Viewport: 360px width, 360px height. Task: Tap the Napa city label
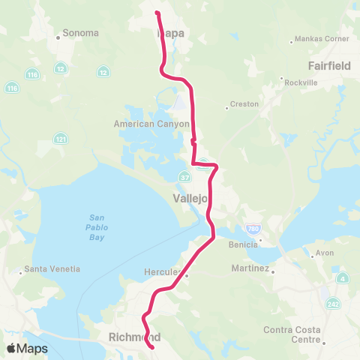tap(172, 33)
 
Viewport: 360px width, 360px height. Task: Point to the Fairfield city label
tap(328, 65)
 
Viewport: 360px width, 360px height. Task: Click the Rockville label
tap(300, 83)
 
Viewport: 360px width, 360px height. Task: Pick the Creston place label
tap(244, 103)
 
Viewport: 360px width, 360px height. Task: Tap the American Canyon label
tap(151, 124)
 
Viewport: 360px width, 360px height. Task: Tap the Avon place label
tap(324, 253)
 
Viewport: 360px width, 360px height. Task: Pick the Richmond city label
tap(135, 337)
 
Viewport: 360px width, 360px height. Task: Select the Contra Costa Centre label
tap(295, 334)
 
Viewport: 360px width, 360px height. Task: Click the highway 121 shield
tap(58, 139)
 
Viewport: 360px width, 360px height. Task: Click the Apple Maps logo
tap(26, 348)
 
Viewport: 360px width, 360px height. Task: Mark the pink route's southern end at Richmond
tap(152, 347)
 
